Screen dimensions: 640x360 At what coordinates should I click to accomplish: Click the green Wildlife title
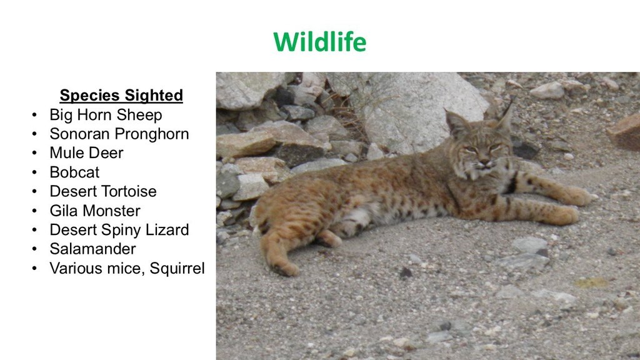tap(319, 42)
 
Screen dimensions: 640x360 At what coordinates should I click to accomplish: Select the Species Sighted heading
tap(121, 95)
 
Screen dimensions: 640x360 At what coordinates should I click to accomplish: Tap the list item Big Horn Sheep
tap(106, 115)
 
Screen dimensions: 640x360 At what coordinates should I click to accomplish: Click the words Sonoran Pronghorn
tap(119, 134)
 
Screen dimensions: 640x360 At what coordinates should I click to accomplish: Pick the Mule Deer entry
tap(86, 152)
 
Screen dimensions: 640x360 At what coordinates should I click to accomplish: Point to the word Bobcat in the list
tap(74, 172)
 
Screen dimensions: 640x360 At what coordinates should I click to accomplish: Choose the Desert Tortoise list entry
tap(103, 191)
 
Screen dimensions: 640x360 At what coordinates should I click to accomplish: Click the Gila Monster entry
tap(95, 211)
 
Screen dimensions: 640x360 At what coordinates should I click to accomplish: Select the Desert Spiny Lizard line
tap(119, 230)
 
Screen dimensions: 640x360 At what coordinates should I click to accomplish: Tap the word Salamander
tap(92, 249)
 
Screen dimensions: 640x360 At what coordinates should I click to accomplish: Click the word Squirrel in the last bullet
tap(177, 268)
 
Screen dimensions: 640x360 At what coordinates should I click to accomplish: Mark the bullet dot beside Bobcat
tap(34, 172)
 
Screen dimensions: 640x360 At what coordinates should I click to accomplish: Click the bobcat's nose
tap(484, 162)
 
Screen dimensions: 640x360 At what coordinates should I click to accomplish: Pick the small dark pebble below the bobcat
tap(405, 272)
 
